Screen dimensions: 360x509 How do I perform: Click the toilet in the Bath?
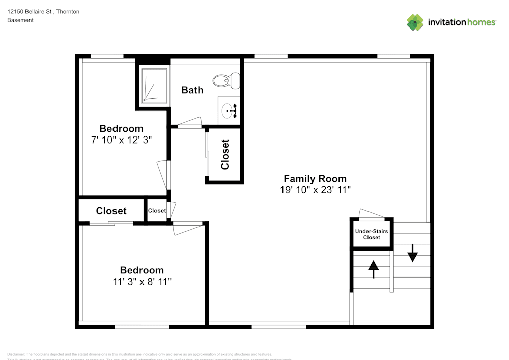[227, 80]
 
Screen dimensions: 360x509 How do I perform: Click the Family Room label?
[315, 179]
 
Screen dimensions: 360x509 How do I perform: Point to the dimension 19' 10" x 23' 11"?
[315, 190]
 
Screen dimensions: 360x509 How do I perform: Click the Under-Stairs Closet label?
[371, 234]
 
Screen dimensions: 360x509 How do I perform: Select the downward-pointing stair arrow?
[412, 253]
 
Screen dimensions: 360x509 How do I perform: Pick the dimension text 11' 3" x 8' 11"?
[142, 282]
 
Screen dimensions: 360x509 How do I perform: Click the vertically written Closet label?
[225, 154]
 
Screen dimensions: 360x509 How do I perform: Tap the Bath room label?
[192, 90]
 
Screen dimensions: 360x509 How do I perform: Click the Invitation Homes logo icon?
[415, 22]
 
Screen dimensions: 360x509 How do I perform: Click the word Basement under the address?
[20, 20]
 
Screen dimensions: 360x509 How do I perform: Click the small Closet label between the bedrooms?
[157, 211]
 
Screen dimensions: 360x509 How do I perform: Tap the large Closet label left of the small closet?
[111, 211]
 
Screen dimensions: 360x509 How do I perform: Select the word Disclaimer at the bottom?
[16, 354]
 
